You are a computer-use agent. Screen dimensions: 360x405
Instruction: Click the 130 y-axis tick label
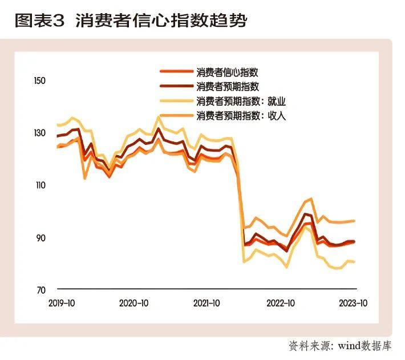(39, 134)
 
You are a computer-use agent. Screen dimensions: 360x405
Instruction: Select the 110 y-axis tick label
(39, 185)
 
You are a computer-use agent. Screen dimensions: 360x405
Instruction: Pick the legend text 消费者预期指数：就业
(240, 102)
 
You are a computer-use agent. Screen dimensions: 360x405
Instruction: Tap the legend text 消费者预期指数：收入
(240, 116)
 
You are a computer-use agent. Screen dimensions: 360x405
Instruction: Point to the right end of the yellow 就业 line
(355, 262)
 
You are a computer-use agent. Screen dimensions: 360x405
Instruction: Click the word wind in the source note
(350, 346)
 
